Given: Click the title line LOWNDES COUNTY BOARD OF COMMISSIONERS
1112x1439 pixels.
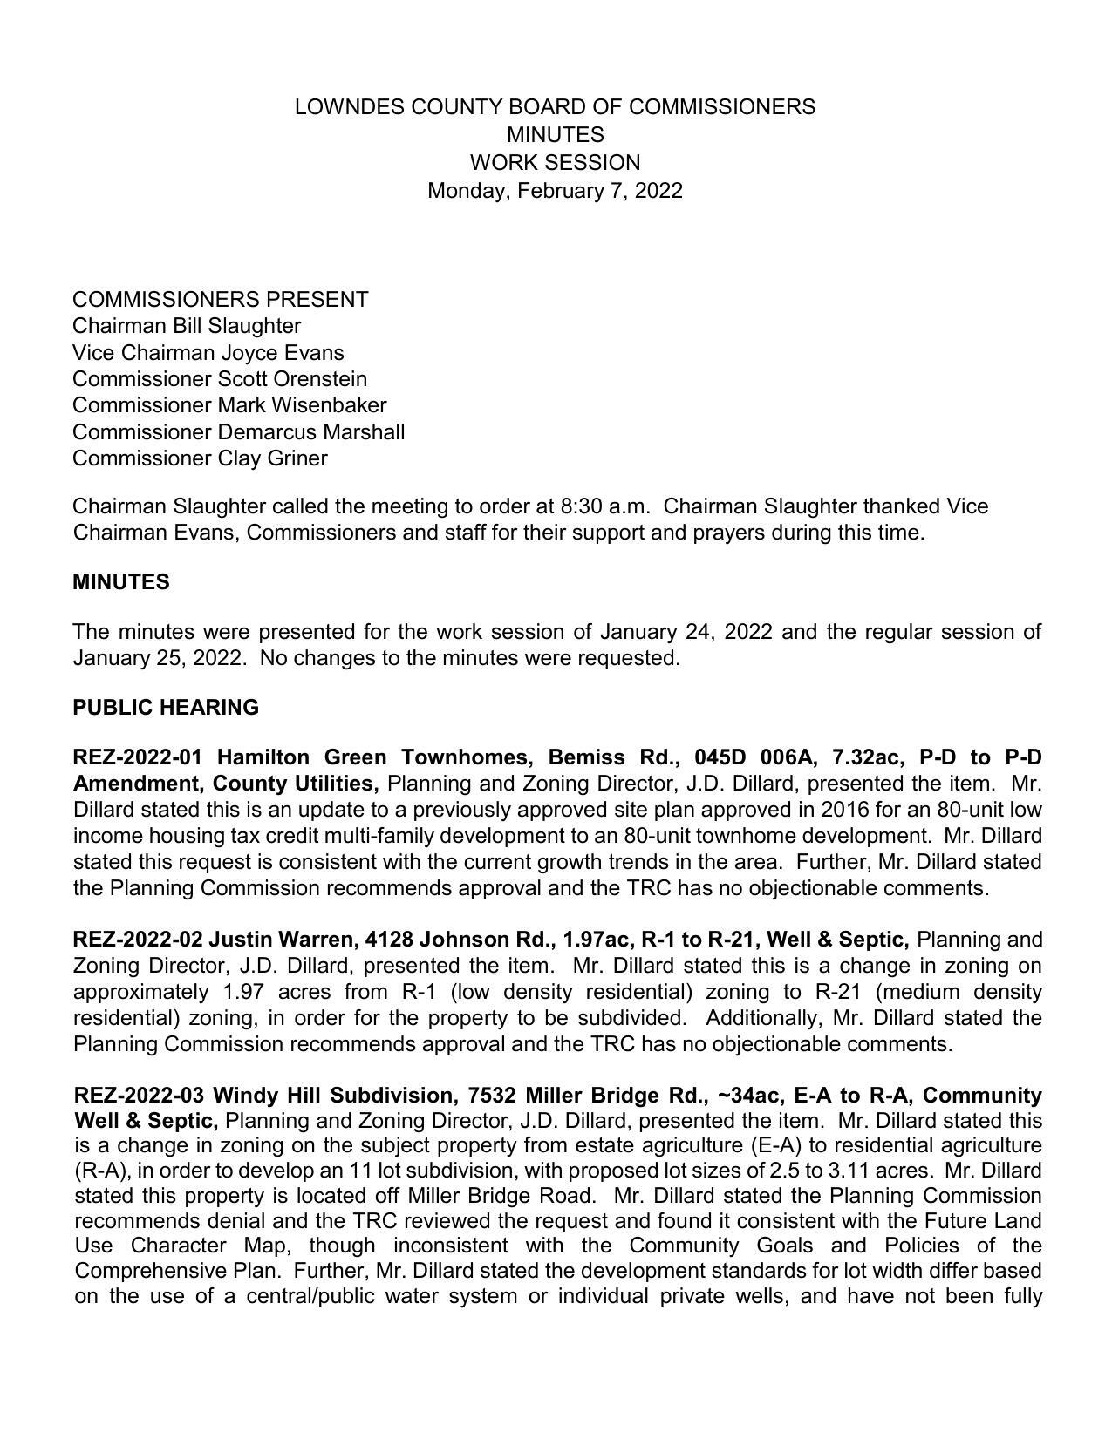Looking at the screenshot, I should pos(555,107).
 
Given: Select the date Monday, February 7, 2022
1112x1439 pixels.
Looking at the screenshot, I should pos(555,191).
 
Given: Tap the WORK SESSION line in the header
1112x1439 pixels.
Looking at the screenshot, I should pos(555,163).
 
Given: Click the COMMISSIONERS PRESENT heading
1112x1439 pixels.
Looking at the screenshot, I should pos(220,300).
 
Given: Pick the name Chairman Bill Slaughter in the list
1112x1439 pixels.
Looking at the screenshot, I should pos(187,326).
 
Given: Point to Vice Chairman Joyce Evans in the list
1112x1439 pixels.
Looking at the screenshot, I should pos(208,353).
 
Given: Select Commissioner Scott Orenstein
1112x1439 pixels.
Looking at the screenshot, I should pos(220,379).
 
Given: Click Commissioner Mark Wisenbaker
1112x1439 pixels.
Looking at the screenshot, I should pos(229,405).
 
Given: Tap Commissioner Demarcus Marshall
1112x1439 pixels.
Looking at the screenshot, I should pos(238,432).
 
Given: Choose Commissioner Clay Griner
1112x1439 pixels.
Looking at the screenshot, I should pos(200,458).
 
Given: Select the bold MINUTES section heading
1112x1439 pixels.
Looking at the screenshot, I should pos(121,582).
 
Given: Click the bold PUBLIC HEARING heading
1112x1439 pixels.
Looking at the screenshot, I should pos(166,708).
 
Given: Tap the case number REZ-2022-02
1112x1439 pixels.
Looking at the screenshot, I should pos(138,940).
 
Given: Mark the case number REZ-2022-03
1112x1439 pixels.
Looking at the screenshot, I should pos(139,1095).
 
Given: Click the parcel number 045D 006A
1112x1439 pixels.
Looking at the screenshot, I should pos(754,757).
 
